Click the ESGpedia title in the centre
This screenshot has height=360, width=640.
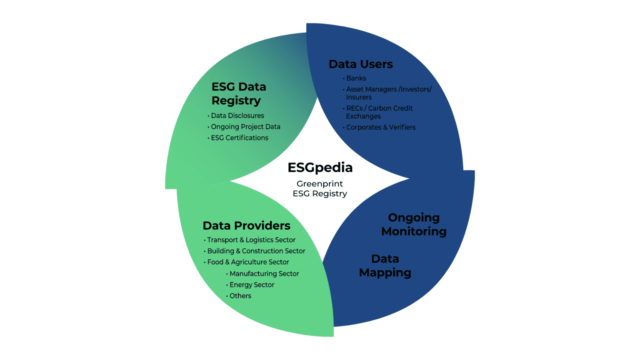point(320,167)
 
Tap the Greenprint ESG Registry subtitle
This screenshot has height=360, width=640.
point(320,189)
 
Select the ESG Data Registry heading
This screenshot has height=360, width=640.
point(239,94)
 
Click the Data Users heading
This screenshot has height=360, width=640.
point(360,64)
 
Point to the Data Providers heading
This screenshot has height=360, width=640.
point(246,226)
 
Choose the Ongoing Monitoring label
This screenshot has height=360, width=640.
point(414,225)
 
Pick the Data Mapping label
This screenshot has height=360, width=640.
point(385,266)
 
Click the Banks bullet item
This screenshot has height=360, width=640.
point(356,78)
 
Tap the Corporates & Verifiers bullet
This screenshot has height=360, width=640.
point(380,127)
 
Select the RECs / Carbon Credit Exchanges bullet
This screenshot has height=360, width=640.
point(379,112)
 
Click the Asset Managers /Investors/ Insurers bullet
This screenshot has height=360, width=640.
point(388,93)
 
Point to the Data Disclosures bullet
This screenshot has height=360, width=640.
point(237,116)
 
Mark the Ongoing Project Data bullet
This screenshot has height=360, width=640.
point(245,127)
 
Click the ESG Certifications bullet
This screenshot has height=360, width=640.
point(240,138)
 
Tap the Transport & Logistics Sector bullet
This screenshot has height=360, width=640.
point(251,240)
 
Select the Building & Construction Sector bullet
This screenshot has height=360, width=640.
point(256,251)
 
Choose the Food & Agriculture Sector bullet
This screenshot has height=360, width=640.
point(248,262)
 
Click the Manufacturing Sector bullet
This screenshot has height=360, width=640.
point(264,274)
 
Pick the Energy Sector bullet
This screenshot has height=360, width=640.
point(252,285)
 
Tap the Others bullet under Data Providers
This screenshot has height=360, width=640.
point(240,296)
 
